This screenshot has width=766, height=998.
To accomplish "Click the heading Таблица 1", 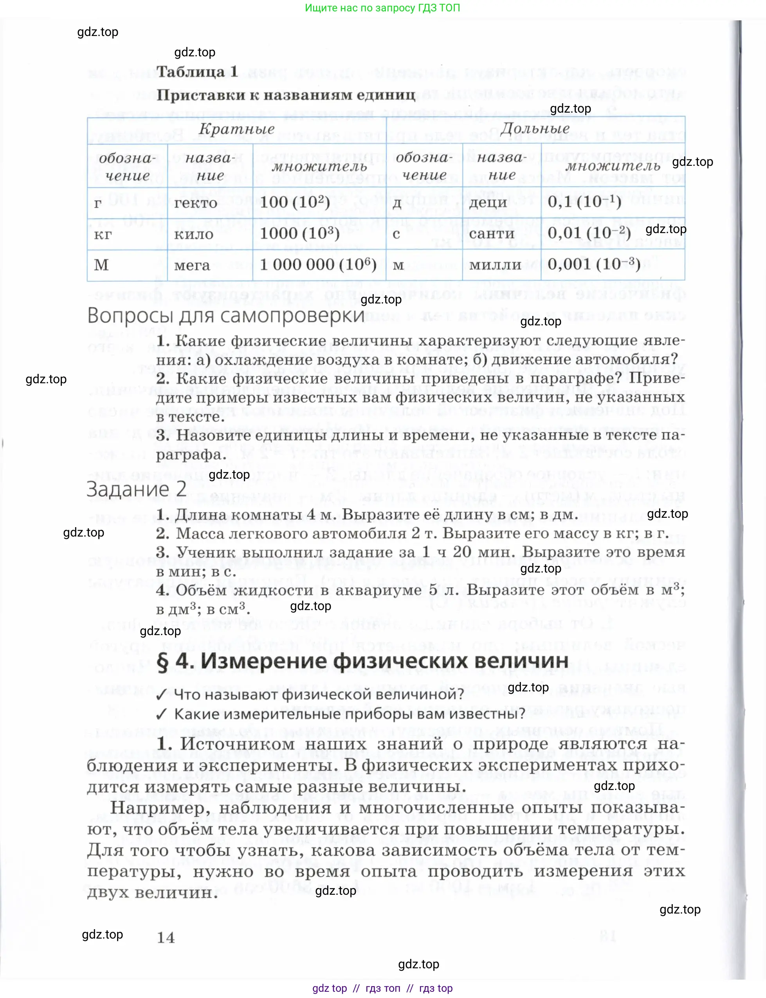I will pos(196,72).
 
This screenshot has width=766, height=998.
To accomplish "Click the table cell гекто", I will pos(195,203).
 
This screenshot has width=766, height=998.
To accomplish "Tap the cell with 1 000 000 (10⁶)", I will pos(318,265).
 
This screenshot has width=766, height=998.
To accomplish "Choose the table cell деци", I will pos(487,203).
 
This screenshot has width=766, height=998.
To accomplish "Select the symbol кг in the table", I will pos(103,235).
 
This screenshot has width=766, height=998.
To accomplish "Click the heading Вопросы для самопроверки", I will pos(226,316).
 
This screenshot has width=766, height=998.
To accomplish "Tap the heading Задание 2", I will pos(136,489).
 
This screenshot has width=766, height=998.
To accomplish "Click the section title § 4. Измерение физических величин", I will pos(362,661).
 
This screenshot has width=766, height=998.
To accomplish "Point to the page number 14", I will pos(166,937).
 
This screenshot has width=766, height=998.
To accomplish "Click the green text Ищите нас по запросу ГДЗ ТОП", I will pos(382,8).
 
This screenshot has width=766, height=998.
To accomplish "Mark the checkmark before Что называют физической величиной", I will pos(161,695).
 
